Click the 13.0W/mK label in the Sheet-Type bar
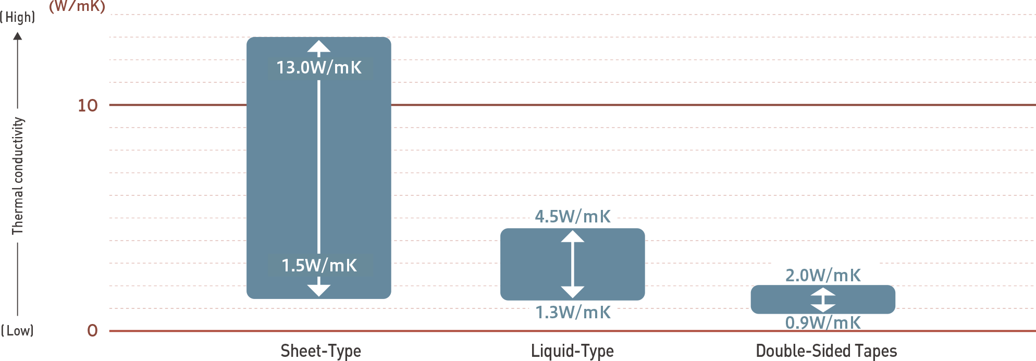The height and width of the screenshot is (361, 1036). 319,67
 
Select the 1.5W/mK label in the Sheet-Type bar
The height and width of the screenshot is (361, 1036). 319,265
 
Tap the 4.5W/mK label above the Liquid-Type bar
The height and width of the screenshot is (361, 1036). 573,216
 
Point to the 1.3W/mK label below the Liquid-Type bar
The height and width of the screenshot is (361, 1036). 573,312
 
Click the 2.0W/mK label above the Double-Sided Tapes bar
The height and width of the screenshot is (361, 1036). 823,275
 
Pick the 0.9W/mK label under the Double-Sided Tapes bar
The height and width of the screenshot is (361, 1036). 823,322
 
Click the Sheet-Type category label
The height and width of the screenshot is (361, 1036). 321,351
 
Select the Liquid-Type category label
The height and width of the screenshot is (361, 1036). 572,351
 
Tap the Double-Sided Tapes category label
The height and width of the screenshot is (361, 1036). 827,351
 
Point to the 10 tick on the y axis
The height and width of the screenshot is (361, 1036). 88,106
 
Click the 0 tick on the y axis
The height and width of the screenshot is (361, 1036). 92,330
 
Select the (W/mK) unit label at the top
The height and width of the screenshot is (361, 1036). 77,6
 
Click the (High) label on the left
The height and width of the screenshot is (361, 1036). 18,17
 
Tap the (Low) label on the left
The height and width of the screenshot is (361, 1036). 17,331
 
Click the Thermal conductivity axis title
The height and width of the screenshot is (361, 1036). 18,176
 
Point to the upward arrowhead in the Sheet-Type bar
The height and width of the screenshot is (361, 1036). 319,46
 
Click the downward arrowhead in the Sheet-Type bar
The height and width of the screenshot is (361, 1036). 319,291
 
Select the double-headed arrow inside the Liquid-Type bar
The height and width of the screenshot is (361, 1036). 573,264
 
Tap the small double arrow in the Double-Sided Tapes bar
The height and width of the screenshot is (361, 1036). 823,300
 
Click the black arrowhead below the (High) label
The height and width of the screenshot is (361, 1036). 18,36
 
